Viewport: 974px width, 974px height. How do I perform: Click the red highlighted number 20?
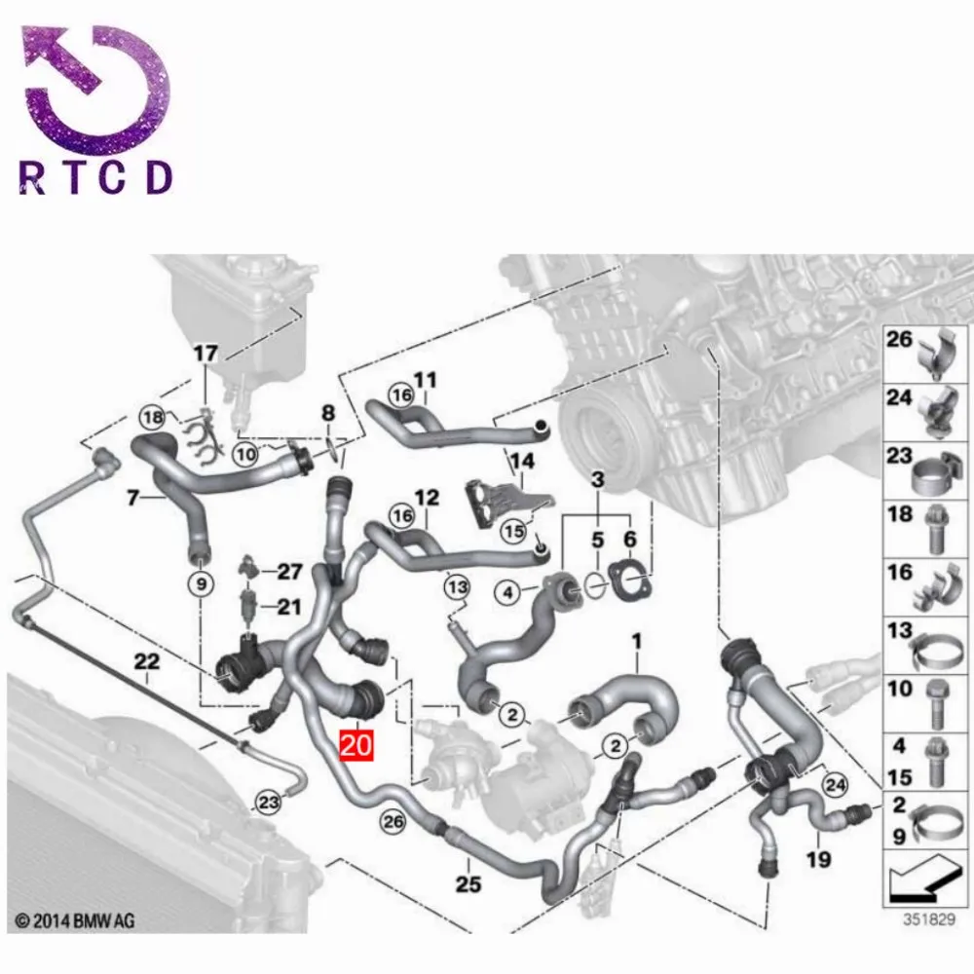click(x=356, y=747)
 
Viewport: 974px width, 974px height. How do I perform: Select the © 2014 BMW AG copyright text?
click(x=75, y=918)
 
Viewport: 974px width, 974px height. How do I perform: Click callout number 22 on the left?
click(x=146, y=661)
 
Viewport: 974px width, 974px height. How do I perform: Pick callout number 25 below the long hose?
click(x=468, y=884)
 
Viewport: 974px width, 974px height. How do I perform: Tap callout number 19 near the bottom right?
click(x=819, y=859)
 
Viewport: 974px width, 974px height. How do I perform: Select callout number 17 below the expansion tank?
click(x=206, y=354)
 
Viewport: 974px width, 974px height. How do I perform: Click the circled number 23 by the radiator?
click(x=268, y=802)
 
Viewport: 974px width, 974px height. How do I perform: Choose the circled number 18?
click(x=152, y=417)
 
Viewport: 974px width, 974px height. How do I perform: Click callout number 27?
click(x=290, y=572)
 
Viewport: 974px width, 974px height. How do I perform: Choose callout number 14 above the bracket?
click(x=523, y=461)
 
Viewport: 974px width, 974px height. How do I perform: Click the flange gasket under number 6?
click(x=628, y=580)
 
